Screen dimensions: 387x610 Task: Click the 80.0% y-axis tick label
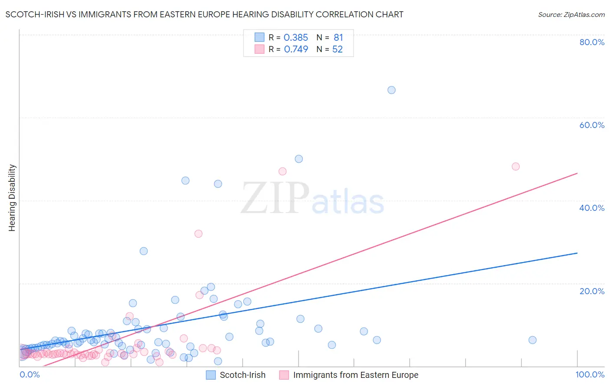(592, 42)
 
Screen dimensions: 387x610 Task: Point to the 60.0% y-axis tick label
(592, 125)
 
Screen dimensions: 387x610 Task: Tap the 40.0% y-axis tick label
(592, 208)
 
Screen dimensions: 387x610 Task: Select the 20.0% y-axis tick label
(592, 291)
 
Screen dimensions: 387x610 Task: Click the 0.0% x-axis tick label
(30, 374)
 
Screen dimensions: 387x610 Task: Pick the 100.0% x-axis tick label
(590, 374)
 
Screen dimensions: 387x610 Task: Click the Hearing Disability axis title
(12, 198)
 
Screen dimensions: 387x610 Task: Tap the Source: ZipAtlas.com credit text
(571, 15)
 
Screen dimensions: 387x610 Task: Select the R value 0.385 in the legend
(295, 38)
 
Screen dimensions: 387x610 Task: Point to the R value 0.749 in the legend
(296, 49)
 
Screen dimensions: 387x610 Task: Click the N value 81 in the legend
(338, 38)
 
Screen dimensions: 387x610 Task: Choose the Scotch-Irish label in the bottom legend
(243, 375)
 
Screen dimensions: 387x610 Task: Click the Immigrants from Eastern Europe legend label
(356, 375)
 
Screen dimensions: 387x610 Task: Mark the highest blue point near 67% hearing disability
(391, 90)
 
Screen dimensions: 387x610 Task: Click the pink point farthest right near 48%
(515, 167)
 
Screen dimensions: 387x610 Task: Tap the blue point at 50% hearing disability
(298, 159)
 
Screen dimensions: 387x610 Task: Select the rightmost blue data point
(532, 340)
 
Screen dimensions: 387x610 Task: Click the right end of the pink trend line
(577, 173)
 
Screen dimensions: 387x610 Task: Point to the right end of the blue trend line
(577, 253)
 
